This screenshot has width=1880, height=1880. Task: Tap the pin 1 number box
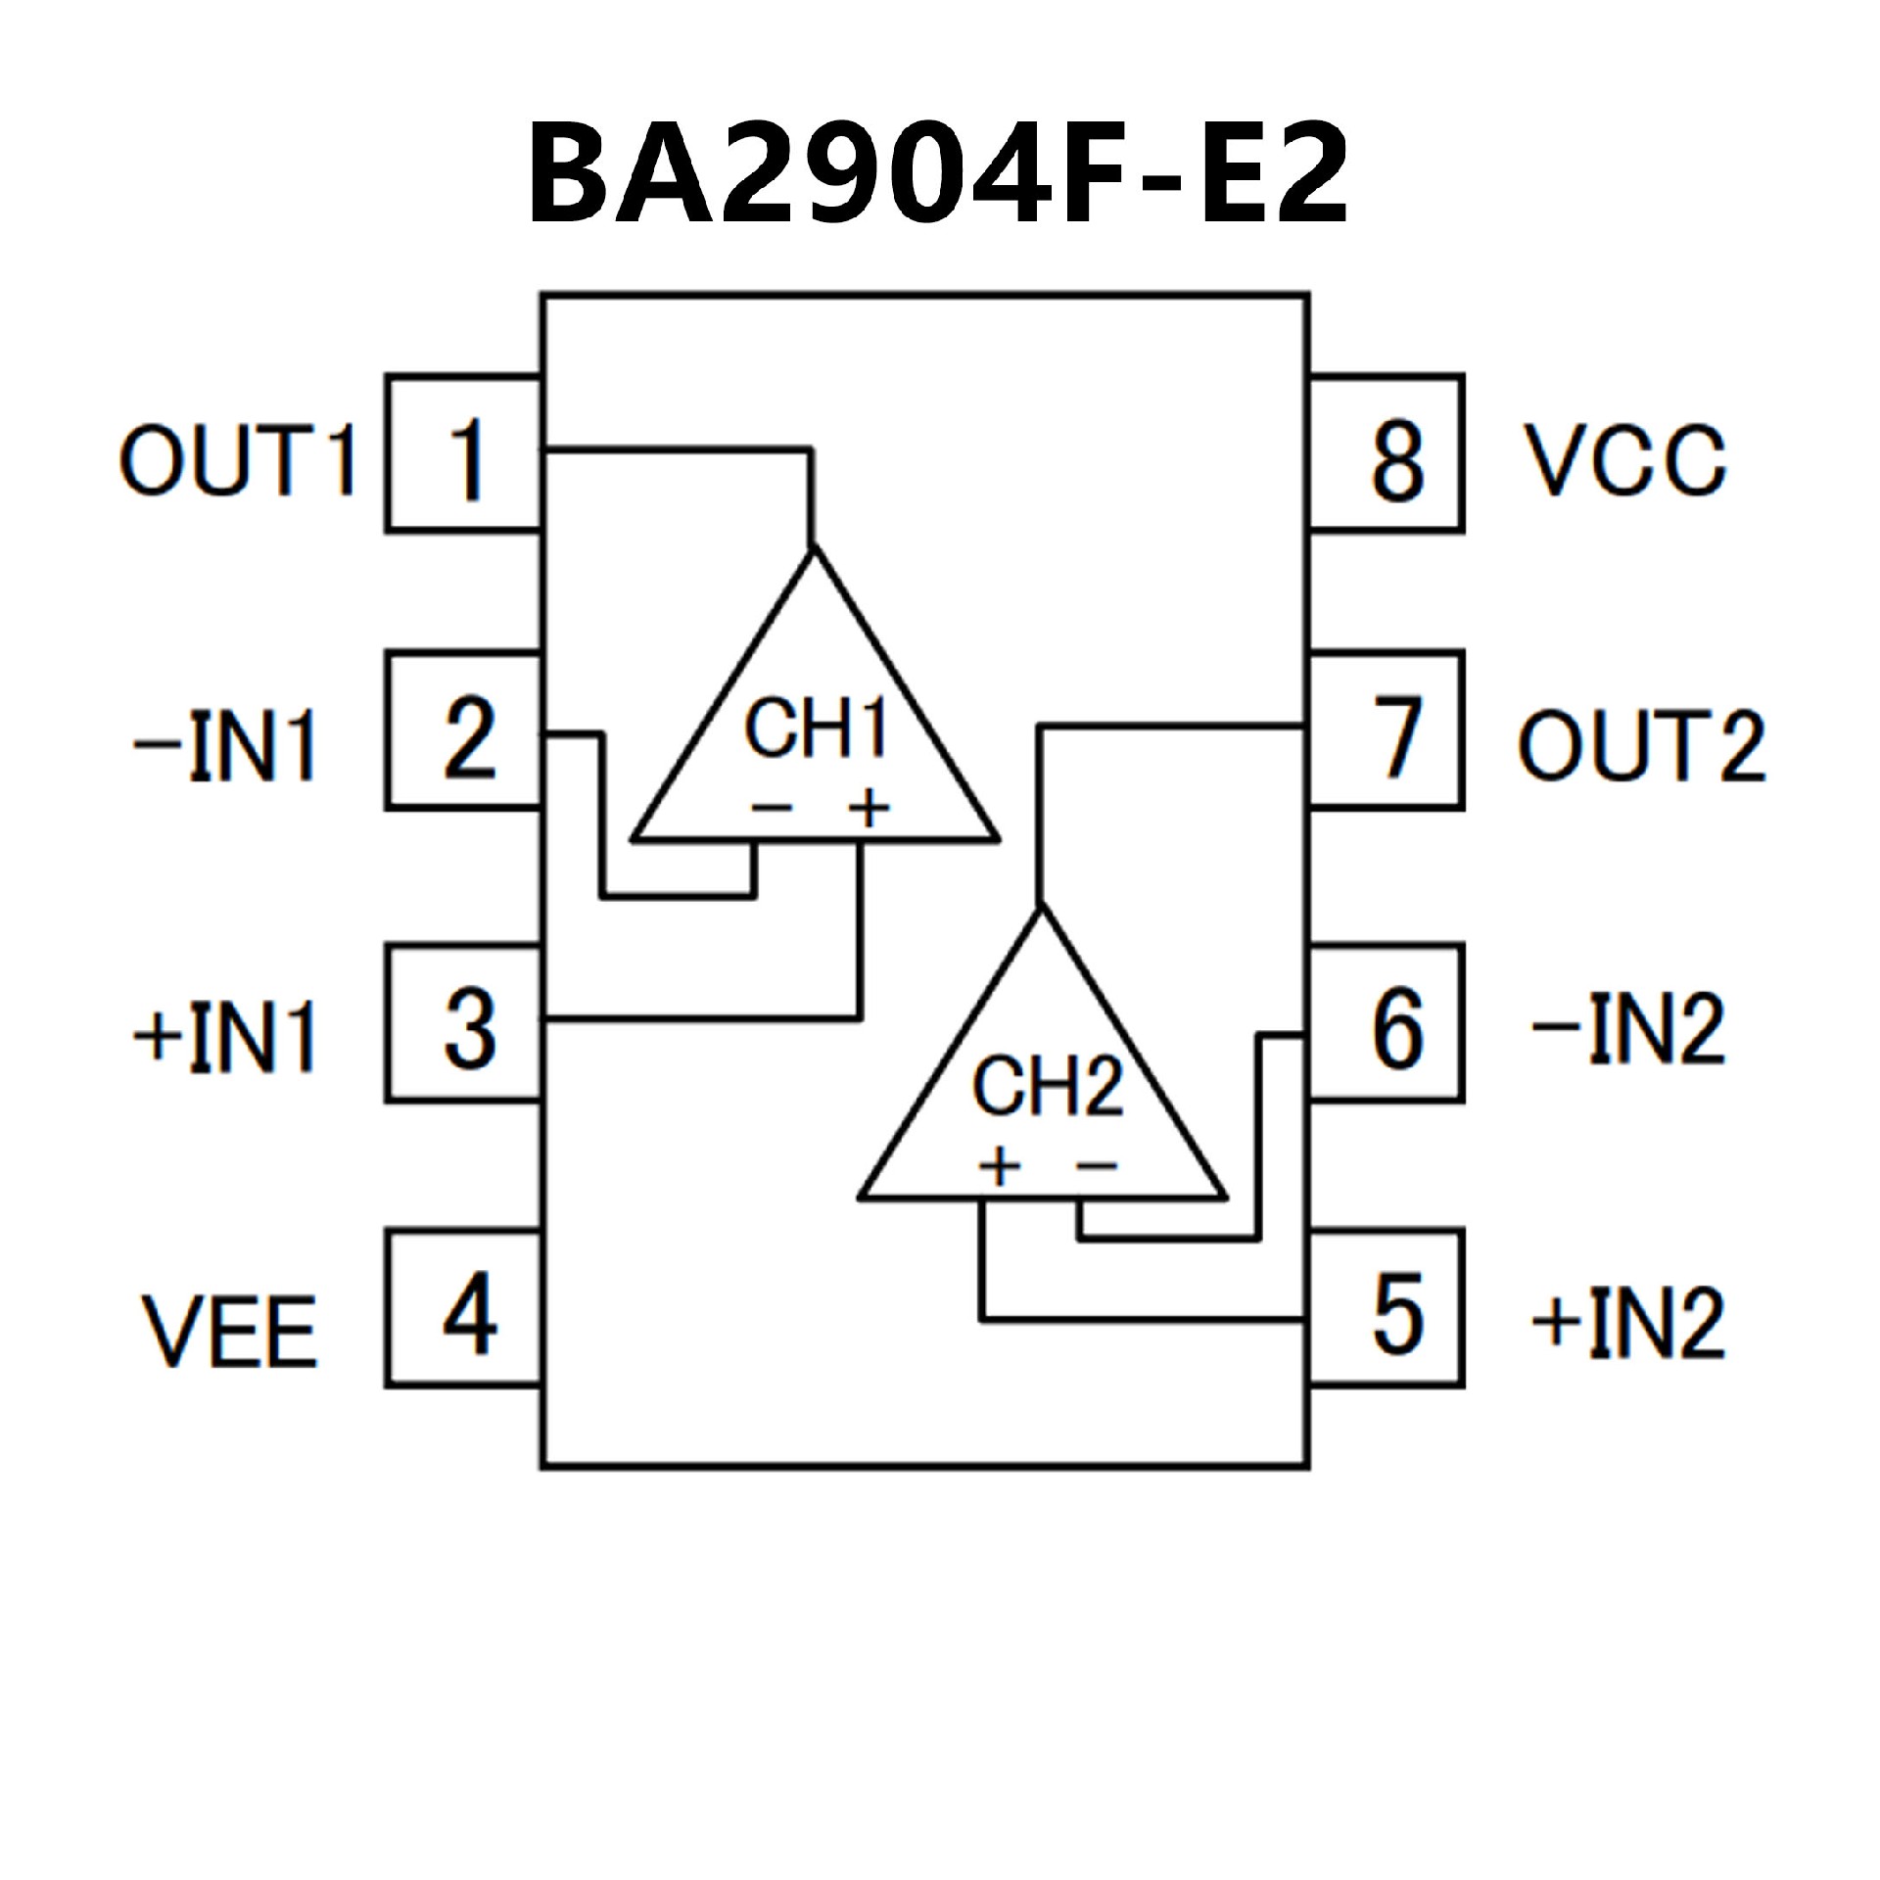464,454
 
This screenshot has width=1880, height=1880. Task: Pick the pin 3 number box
464,1024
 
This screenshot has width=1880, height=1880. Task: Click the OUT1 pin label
237,460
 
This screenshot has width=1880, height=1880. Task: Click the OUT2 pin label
1641,746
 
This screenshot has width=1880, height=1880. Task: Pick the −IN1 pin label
225,746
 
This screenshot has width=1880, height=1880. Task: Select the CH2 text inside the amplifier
1046,1087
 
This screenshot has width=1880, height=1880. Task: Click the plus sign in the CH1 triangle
868,809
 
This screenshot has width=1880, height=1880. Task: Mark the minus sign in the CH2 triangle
1097,1165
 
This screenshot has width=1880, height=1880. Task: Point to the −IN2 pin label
1627,1030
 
